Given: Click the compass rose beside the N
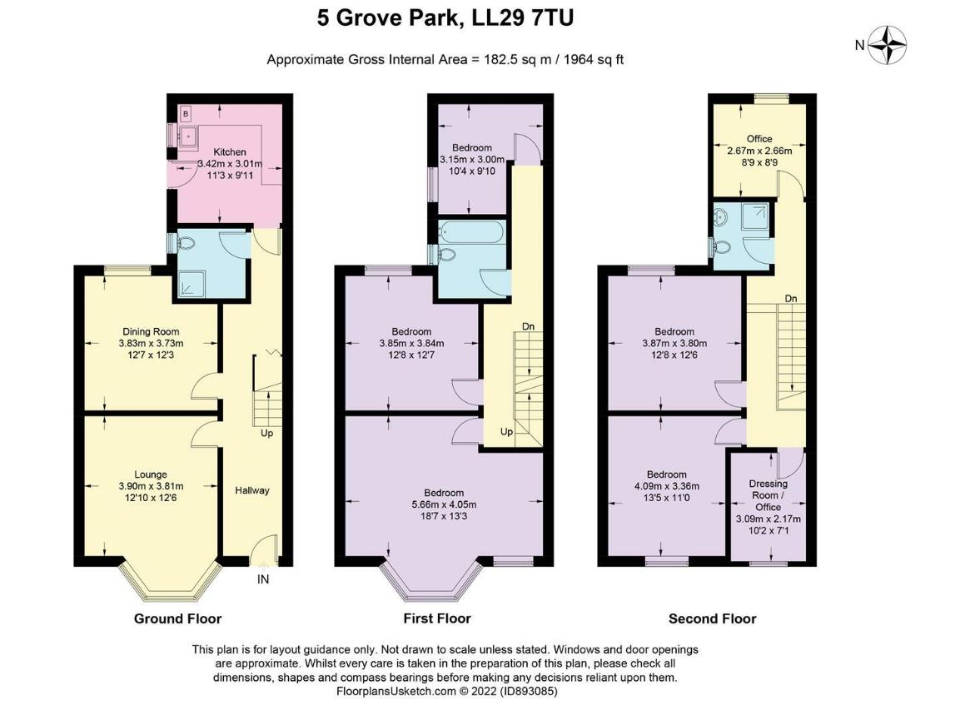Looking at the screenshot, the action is (887, 45).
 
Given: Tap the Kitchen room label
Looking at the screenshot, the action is (230, 152).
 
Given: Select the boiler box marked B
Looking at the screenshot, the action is (186, 114).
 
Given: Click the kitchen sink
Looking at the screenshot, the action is (187, 137).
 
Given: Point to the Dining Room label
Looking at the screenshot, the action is (151, 331).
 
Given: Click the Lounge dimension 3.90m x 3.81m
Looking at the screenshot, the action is (151, 486).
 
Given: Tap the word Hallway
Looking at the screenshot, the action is (251, 490).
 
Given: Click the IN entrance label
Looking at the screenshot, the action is (263, 579).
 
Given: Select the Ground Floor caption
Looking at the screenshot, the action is (178, 618).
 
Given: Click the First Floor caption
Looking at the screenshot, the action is (437, 618).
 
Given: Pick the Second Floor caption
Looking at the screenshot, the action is (712, 618).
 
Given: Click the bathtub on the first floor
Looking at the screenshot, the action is (471, 232).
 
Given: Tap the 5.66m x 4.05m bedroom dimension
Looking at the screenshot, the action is (444, 504).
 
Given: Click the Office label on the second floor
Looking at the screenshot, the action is (759, 139).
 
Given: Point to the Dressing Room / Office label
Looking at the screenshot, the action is (768, 495).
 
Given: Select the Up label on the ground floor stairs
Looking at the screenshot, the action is (266, 433).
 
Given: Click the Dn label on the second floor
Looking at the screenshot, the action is (791, 299).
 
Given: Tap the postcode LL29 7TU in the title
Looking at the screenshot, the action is (523, 17).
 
